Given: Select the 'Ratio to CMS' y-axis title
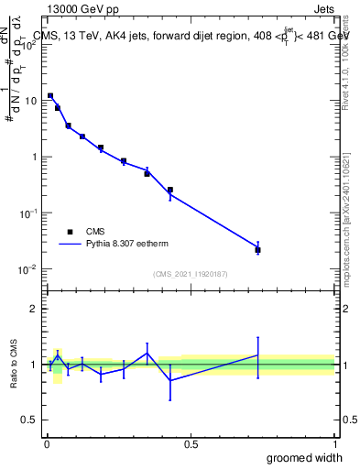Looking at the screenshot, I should click(15, 364).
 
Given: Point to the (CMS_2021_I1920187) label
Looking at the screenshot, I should click(190, 274).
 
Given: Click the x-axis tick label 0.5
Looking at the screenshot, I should click(191, 442).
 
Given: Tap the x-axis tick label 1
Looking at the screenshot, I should click(334, 442).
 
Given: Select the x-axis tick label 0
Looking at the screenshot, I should click(47, 442).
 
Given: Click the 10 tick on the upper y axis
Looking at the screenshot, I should click(31, 101).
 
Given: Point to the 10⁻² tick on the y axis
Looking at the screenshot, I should click(29, 269).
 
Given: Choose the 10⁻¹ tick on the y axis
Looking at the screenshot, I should click(29, 213).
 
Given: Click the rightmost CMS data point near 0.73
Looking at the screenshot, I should click(257, 250).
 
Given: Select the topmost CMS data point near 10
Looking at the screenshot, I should click(50, 95).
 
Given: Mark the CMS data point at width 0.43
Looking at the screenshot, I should click(170, 190).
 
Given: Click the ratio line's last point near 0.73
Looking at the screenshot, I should click(257, 355).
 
